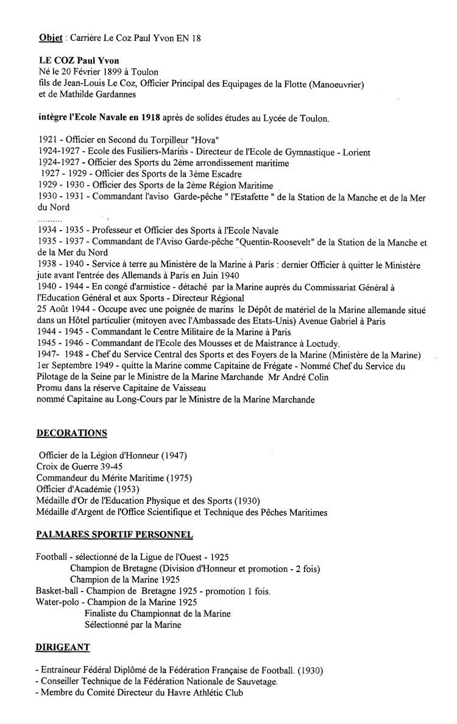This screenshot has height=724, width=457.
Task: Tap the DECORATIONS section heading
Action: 72,433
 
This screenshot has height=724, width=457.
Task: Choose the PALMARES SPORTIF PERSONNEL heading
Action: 115,535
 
